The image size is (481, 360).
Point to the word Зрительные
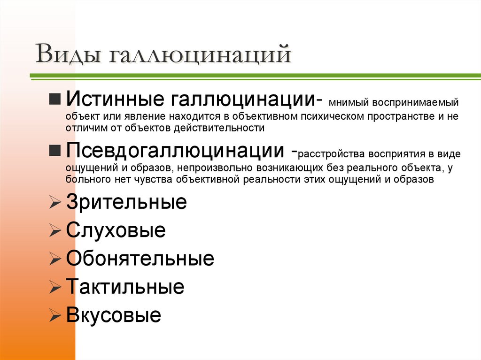pyautogui.click(x=126, y=202)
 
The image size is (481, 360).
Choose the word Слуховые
pyautogui.click(x=116, y=230)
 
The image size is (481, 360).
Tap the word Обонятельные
pyautogui.click(x=140, y=259)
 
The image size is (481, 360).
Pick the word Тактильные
pyautogui.click(x=125, y=287)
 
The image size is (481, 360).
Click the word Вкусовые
pyautogui.click(x=114, y=315)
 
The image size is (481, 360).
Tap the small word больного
pyautogui.click(x=83, y=179)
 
